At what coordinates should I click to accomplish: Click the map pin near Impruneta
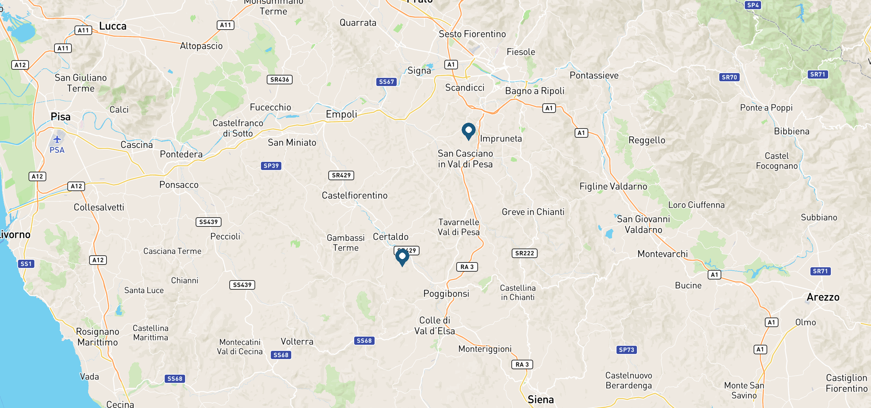pyautogui.click(x=469, y=131)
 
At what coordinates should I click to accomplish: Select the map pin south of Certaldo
pyautogui.click(x=402, y=257)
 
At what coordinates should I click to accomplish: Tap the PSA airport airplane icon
pyautogui.click(x=57, y=139)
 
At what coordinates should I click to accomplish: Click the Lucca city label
pyautogui.click(x=113, y=26)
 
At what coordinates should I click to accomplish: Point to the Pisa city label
pyautogui.click(x=61, y=117)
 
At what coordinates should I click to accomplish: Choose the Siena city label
pyautogui.click(x=541, y=400)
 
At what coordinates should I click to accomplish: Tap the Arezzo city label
pyautogui.click(x=823, y=297)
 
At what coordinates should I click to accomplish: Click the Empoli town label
pyautogui.click(x=341, y=114)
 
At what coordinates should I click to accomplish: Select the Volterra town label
pyautogui.click(x=297, y=341)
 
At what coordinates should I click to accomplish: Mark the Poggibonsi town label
pyautogui.click(x=446, y=293)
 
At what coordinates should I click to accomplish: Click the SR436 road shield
pyautogui.click(x=280, y=80)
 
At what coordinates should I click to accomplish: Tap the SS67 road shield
pyautogui.click(x=387, y=82)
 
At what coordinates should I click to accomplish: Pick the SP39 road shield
pyautogui.click(x=271, y=166)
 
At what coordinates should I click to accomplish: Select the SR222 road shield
pyautogui.click(x=524, y=253)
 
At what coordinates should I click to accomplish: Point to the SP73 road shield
pyautogui.click(x=626, y=350)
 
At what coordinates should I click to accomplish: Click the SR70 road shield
pyautogui.click(x=729, y=77)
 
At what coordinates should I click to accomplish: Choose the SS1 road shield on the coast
pyautogui.click(x=26, y=264)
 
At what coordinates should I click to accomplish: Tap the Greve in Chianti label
pyautogui.click(x=533, y=212)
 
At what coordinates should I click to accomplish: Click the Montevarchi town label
pyautogui.click(x=662, y=254)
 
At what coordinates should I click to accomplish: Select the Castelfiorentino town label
pyautogui.click(x=355, y=195)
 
